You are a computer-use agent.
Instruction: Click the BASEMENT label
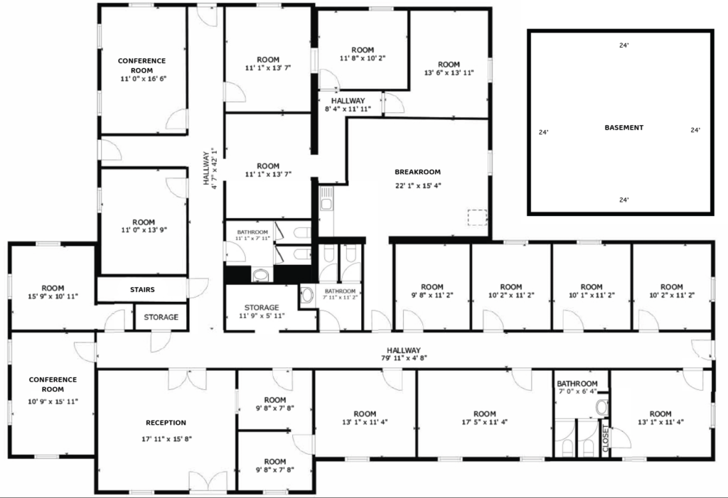tap(623, 128)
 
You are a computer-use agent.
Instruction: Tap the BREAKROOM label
tap(417, 172)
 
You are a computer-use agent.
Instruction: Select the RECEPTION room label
tap(166, 423)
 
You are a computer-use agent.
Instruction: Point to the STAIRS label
tap(142, 290)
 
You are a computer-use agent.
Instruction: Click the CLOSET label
tap(606, 438)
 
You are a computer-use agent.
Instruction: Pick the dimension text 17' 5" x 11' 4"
tap(484, 423)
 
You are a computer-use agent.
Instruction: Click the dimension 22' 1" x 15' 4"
tap(418, 185)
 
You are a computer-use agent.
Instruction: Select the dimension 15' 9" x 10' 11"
tap(53, 296)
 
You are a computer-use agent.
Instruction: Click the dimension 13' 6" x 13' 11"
tap(449, 73)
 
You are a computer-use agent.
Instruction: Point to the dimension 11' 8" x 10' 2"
tap(363, 58)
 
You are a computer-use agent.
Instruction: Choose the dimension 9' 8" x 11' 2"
tap(432, 295)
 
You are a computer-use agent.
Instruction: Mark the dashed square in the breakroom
tap(477, 217)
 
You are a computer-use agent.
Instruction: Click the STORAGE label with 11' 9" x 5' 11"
tap(262, 311)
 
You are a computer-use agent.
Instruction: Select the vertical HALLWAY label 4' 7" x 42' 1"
tap(210, 168)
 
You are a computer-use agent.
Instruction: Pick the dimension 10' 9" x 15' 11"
tap(53, 401)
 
